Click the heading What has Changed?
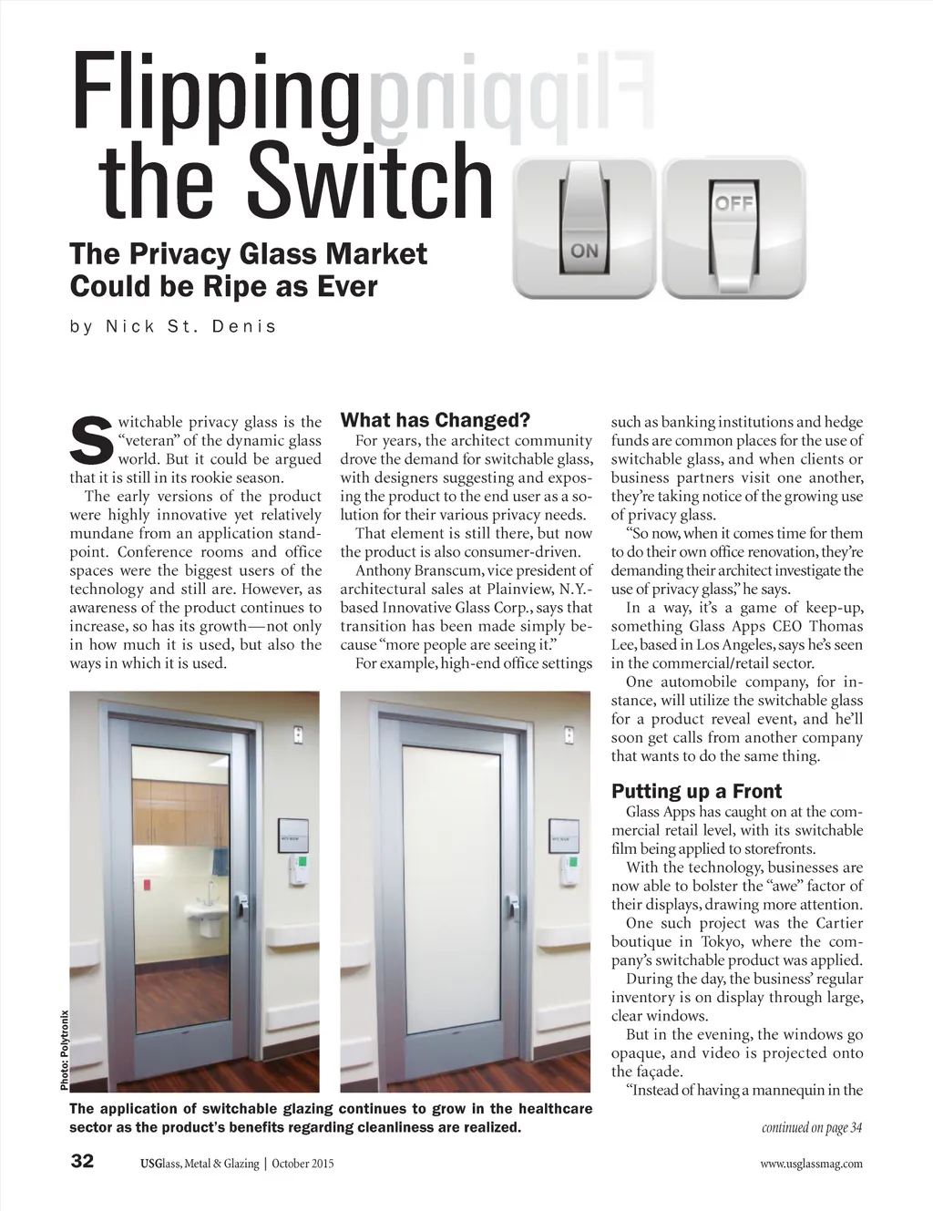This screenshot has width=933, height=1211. click(435, 420)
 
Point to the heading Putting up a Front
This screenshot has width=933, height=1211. click(696, 791)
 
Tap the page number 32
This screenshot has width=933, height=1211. click(82, 1162)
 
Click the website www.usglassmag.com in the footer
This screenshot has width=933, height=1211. click(811, 1164)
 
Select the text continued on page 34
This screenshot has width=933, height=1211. click(812, 1128)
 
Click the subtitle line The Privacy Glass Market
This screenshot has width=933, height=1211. click(248, 253)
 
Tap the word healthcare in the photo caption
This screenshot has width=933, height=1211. click(555, 1109)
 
